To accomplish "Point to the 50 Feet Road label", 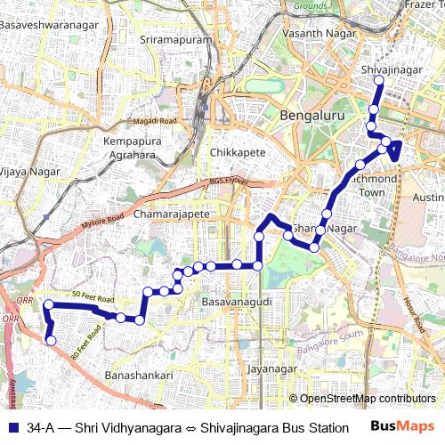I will [x=93, y=297].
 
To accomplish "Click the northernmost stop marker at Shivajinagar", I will [x=377, y=80].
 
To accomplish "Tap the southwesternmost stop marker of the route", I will [x=51, y=341].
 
